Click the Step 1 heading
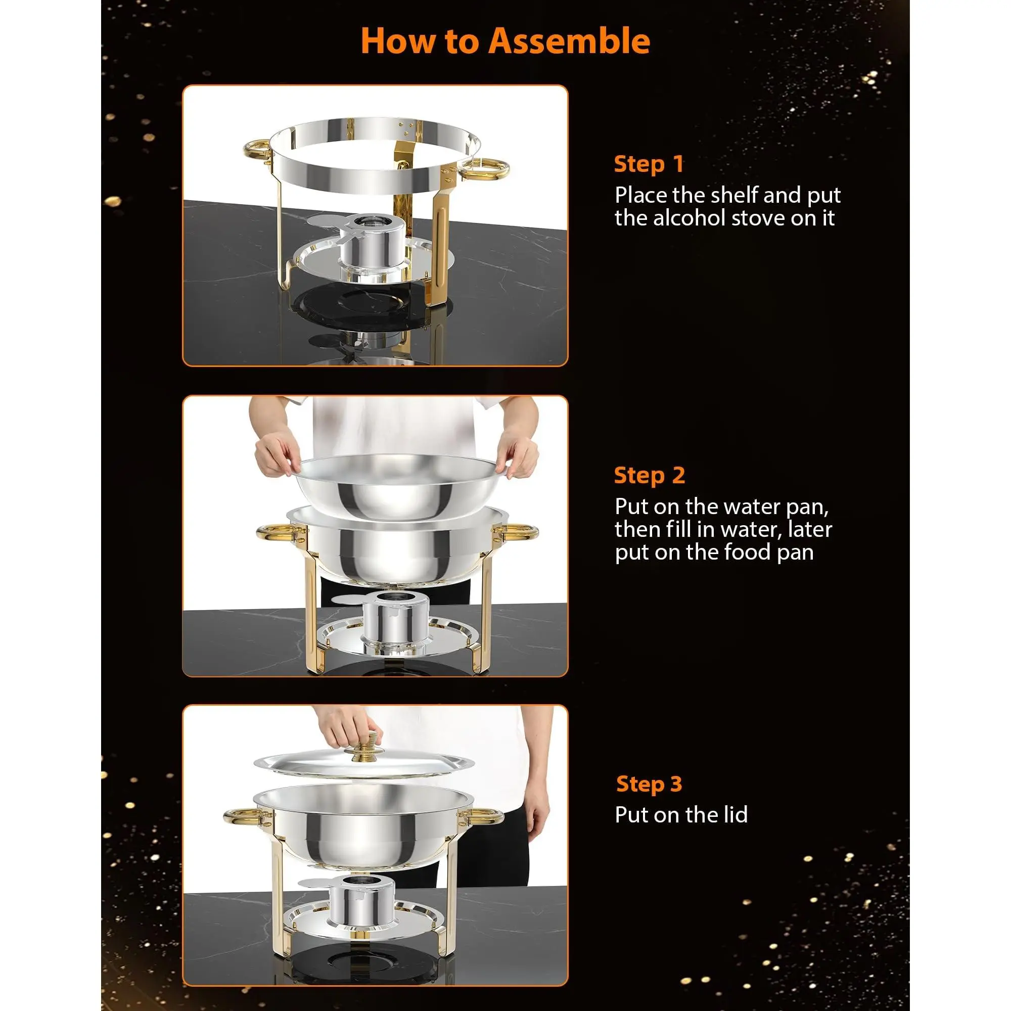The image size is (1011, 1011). [x=649, y=164]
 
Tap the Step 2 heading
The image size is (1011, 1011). [x=650, y=476]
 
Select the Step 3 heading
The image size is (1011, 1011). [x=650, y=785]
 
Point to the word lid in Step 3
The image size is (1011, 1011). [x=732, y=815]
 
